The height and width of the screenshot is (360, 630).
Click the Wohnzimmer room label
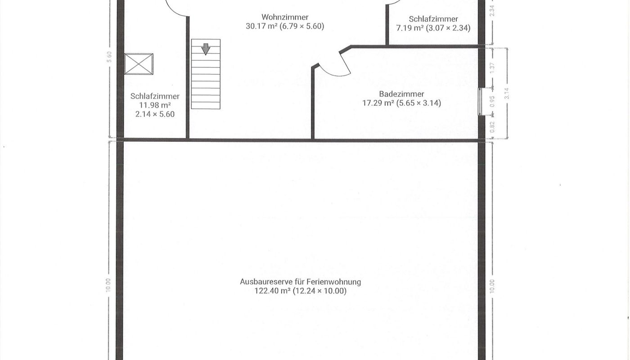click(285, 17)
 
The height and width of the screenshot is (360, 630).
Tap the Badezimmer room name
click(401, 94)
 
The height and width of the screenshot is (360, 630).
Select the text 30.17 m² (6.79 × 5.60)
click(285, 26)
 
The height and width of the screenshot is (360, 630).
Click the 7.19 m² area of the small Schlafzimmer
click(409, 28)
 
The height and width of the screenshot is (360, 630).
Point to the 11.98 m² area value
click(155, 105)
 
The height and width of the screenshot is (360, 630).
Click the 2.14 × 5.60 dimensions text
click(155, 114)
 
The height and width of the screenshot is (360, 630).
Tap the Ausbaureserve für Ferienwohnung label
click(300, 282)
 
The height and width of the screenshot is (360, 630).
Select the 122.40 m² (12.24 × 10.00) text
click(301, 291)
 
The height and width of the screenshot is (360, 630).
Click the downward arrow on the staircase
click(206, 49)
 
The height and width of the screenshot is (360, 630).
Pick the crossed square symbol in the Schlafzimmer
click(139, 64)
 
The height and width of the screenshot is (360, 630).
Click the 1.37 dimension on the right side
click(492, 68)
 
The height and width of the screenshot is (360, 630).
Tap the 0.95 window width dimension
click(492, 102)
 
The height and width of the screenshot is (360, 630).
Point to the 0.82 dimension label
click(492, 127)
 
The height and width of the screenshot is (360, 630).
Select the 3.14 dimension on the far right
click(507, 94)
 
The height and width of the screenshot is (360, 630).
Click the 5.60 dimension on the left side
click(109, 57)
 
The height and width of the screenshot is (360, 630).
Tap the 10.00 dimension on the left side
click(108, 285)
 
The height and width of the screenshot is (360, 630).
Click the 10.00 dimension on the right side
click(492, 286)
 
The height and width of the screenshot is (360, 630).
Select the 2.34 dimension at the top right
click(492, 11)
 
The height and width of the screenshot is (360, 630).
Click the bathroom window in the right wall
click(481, 102)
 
